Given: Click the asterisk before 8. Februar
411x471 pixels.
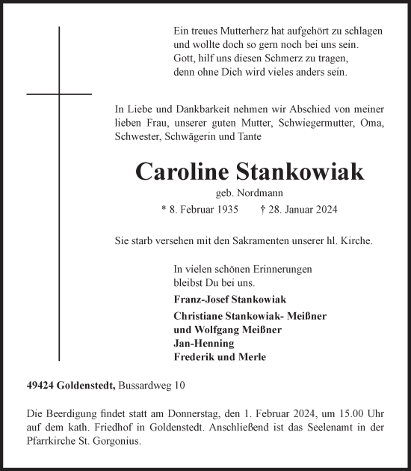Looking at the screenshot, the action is coord(164,210).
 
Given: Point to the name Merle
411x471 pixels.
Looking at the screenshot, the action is coord(253,356).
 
